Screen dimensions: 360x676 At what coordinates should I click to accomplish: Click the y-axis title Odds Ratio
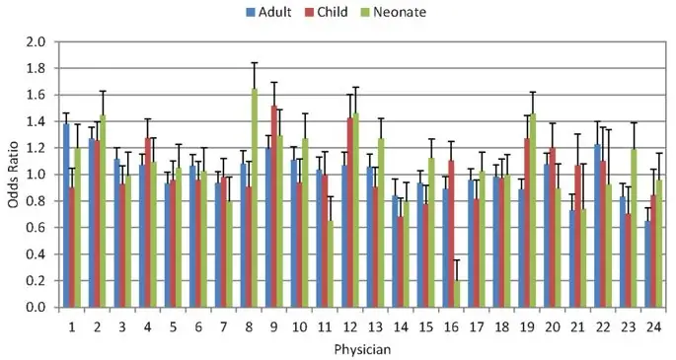pyautogui.click(x=13, y=175)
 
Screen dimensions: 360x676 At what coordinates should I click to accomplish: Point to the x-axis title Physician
pyautogui.click(x=361, y=348)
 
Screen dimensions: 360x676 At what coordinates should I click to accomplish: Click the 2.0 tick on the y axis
pyautogui.click(x=37, y=41)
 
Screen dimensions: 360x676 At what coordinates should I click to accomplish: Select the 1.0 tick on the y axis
pyautogui.click(x=37, y=175)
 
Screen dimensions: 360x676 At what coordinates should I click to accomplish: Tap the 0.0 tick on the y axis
pyautogui.click(x=37, y=308)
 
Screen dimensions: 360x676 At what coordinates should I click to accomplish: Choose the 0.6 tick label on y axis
pyautogui.click(x=37, y=228)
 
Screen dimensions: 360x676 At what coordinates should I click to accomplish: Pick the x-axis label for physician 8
pyautogui.click(x=247, y=324)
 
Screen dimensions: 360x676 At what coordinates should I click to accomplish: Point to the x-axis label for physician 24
pyautogui.click(x=652, y=324)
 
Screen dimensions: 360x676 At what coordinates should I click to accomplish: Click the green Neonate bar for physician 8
pyautogui.click(x=255, y=197)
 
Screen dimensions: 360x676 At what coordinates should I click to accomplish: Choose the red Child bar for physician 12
pyautogui.click(x=349, y=212)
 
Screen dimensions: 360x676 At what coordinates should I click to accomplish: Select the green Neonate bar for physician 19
pyautogui.click(x=534, y=210)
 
